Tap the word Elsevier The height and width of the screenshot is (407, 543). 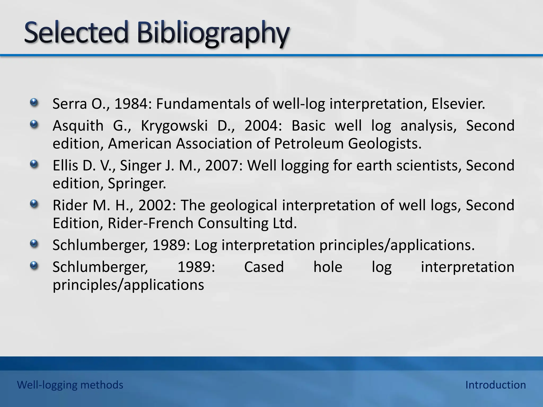(x=458, y=104)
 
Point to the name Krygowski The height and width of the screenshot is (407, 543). (x=174, y=126)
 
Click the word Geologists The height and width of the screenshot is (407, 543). (x=384, y=144)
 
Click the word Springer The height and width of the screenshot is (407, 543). (x=137, y=184)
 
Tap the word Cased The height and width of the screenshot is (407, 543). (x=264, y=267)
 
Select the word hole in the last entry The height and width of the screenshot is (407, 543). (x=328, y=267)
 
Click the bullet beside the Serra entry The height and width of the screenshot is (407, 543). (x=34, y=102)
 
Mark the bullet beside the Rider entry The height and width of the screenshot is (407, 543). (x=34, y=204)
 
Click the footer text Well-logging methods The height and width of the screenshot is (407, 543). (x=70, y=385)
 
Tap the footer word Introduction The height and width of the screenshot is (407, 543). (x=496, y=385)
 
